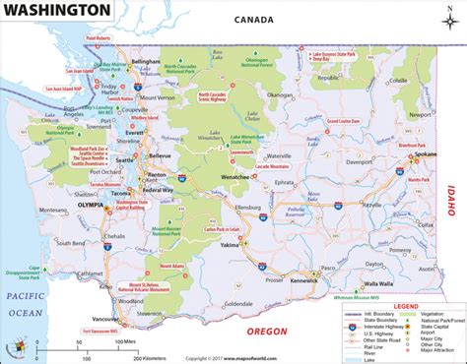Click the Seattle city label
[x=125, y=159]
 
